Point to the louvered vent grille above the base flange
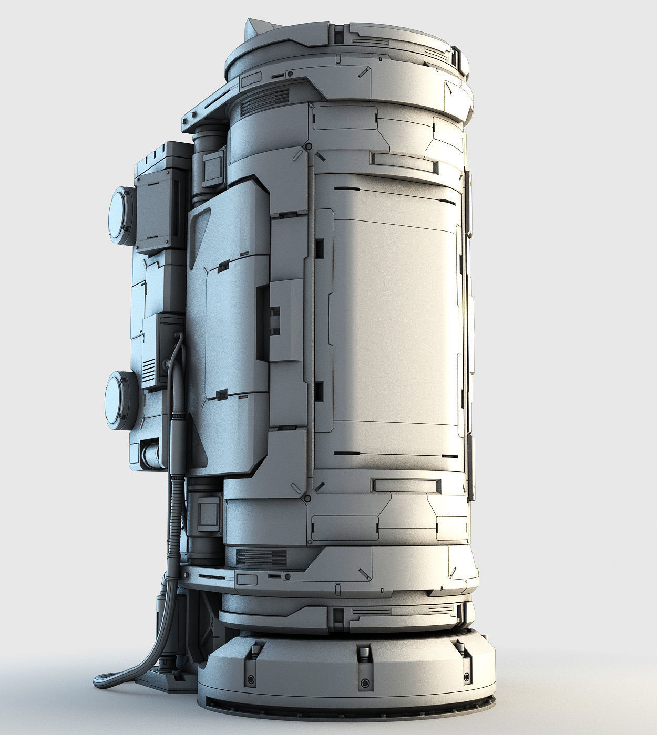pyautogui.click(x=261, y=556)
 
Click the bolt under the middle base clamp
pyautogui.click(x=363, y=683)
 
